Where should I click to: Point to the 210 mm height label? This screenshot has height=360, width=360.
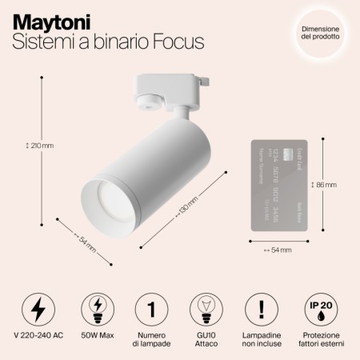[40, 146]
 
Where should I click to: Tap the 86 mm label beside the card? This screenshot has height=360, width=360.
[324, 184]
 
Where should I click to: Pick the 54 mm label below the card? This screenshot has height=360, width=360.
[278, 250]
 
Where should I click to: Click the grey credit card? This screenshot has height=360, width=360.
[278, 184]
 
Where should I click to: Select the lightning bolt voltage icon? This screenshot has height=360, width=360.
[38, 307]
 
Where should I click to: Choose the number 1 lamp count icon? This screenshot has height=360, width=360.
[149, 307]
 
